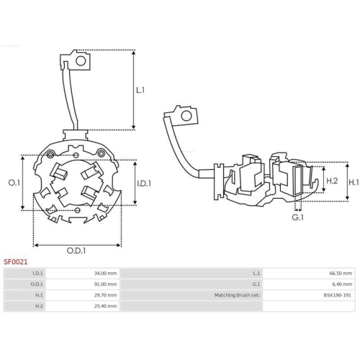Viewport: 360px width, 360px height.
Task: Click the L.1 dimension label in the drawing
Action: (141, 91)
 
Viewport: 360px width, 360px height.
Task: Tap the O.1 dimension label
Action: (13, 184)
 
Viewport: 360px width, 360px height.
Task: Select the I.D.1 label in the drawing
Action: (144, 184)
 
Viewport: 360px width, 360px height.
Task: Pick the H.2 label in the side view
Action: (332, 180)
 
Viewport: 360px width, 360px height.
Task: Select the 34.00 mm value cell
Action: (106, 274)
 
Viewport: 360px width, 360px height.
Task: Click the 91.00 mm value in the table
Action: (106, 284)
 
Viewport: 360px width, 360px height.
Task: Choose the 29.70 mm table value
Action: (106, 295)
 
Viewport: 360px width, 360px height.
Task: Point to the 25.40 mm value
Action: (106, 306)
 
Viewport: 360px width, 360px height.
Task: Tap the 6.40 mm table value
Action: (343, 284)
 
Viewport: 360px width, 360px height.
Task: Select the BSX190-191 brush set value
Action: (338, 295)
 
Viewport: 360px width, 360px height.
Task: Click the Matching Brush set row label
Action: (237, 295)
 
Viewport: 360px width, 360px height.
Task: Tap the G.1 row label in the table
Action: (256, 284)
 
